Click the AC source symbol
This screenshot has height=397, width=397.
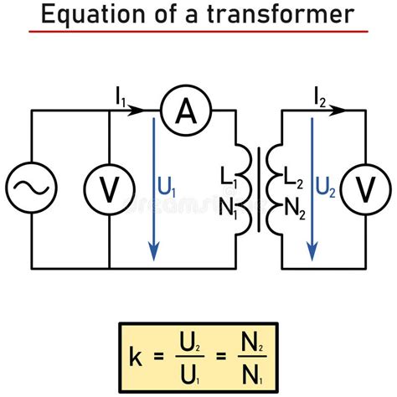(x=31, y=189)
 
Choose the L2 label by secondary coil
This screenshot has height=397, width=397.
(x=294, y=178)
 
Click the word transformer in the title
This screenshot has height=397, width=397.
(x=280, y=14)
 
